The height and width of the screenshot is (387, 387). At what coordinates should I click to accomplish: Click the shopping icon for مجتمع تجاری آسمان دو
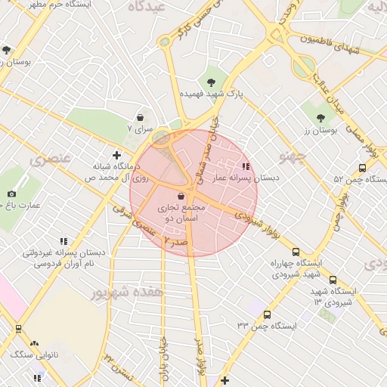click(179, 195)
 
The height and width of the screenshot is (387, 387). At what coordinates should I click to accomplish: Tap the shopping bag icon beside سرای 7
click(141, 117)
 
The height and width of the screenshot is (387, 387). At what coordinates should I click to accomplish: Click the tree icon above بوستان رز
click(320, 117)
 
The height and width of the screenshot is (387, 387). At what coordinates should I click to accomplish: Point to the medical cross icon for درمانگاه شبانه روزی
click(116, 154)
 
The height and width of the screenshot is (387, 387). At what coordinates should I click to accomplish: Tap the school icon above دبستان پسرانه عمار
click(245, 166)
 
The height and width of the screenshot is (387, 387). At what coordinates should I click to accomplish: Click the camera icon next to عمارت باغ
click(11, 194)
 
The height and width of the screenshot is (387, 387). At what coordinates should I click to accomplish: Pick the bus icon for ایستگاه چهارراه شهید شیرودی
click(296, 252)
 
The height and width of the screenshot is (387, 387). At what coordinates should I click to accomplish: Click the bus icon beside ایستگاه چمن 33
click(266, 314)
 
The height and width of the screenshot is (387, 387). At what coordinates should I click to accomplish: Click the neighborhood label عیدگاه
click(147, 7)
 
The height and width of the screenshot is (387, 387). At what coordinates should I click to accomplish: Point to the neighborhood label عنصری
click(48, 160)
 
